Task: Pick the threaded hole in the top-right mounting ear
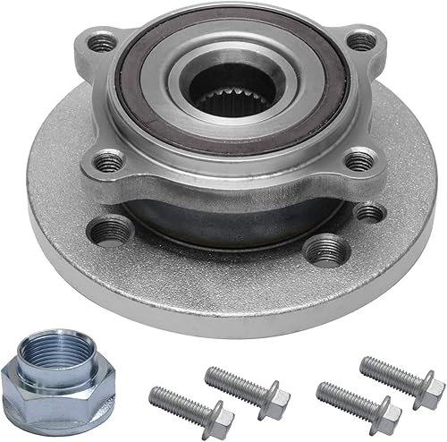359,41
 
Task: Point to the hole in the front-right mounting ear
358,162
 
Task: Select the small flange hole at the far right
367,213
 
